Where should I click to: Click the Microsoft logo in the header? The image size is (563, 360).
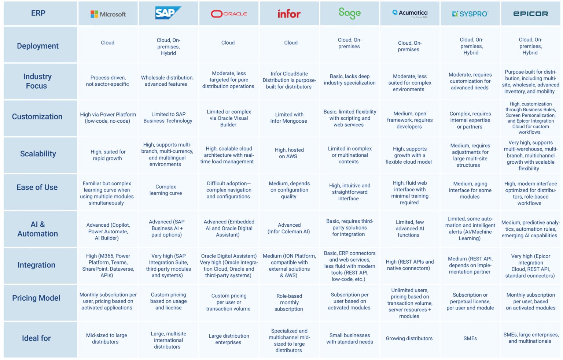tap(108, 14)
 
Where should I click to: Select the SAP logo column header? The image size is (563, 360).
tap(168, 13)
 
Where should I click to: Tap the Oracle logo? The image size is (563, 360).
tap(229, 14)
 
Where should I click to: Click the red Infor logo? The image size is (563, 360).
tap(289, 14)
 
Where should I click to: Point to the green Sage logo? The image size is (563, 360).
tap(349, 14)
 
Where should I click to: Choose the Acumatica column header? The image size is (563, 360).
tap(410, 14)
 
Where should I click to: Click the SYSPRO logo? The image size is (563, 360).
tap(470, 14)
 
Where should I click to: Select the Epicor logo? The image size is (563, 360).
tap(530, 14)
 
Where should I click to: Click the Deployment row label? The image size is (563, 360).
tap(38, 46)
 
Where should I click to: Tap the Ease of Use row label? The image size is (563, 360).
tap(37, 188)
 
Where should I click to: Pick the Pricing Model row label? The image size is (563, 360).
tap(36, 298)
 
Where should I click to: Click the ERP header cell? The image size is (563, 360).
tap(38, 13)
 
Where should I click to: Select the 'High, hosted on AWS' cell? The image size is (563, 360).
tap(289, 153)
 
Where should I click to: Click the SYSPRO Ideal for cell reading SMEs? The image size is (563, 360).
tap(470, 338)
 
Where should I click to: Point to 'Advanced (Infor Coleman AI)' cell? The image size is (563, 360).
tap(289, 228)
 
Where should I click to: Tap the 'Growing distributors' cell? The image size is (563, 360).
tap(409, 338)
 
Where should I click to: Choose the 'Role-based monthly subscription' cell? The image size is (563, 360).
tap(289, 303)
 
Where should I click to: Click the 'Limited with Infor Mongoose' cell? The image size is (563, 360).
tap(289, 118)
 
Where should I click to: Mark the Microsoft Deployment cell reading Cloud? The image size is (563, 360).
tap(108, 43)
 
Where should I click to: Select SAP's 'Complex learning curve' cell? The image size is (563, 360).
tap(166, 190)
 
